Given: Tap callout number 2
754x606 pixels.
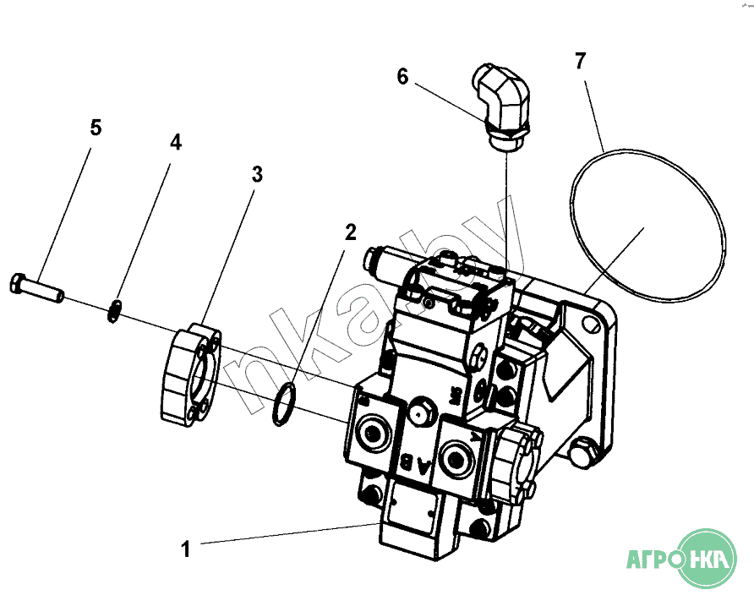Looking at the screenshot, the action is point(350,232).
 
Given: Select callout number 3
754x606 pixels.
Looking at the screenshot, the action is point(257,175).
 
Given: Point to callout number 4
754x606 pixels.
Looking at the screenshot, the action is point(175,141).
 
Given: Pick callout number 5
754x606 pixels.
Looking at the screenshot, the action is point(96,128).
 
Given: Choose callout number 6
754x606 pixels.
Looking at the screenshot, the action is point(402,76).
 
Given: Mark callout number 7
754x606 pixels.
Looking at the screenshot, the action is point(580,60).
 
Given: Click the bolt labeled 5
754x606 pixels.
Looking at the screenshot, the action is point(39,287).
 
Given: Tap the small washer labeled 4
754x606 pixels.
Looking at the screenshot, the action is point(117,310).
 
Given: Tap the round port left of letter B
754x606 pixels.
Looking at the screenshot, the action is point(371,433).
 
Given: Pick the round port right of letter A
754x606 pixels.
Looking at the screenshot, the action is point(462,457).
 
